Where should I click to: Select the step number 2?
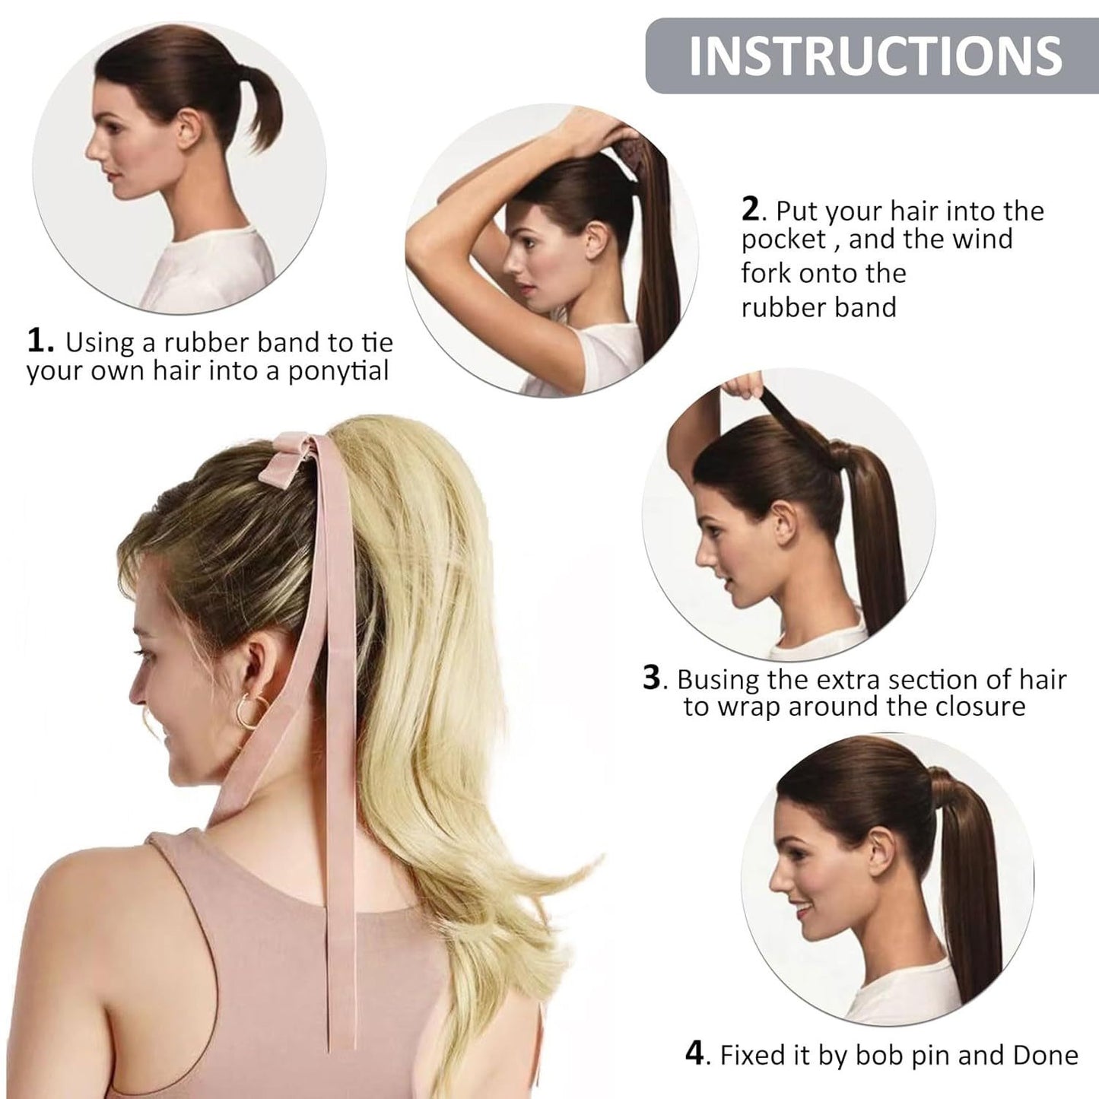750,211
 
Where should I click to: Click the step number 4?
695,1039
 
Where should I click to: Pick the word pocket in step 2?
783,240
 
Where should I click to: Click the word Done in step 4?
1046,1039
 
